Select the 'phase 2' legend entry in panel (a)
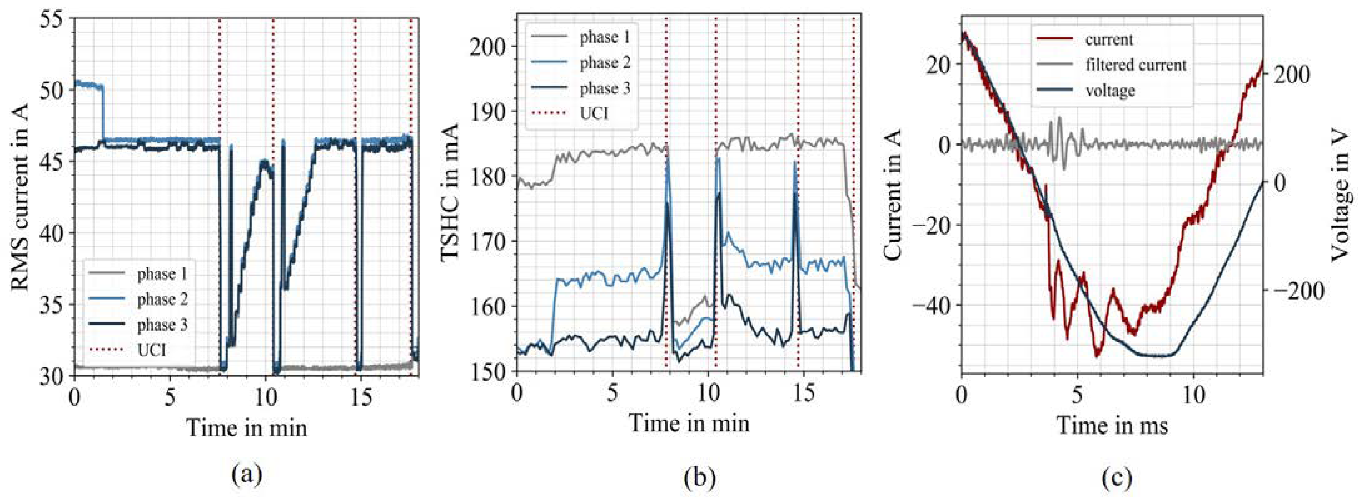[162, 299]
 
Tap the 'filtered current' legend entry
[1135, 65]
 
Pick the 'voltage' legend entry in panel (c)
[1110, 90]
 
